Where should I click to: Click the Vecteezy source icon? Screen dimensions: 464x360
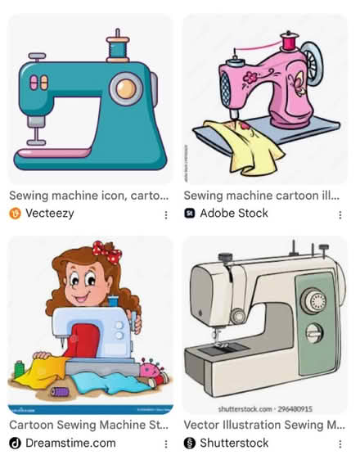pos(15,214)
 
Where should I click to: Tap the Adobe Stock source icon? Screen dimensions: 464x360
pos(190,214)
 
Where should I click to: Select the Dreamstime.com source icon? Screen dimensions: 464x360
pos(15,443)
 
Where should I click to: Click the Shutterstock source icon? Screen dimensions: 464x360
pos(190,443)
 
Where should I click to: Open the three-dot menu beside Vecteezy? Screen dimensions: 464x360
pos(166,214)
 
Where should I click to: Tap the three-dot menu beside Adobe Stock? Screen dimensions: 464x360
pos(340,214)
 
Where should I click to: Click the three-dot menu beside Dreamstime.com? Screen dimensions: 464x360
pos(166,443)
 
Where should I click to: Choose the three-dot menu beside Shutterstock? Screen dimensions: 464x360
pos(340,443)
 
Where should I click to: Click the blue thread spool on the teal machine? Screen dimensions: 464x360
pos(119,48)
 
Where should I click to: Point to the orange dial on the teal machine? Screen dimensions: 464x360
pos(125,87)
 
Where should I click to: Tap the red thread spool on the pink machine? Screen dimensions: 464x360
pos(289,43)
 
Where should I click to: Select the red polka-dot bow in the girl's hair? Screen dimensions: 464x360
pos(107,250)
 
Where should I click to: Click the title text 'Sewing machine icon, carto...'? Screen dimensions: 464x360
pos(88,196)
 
